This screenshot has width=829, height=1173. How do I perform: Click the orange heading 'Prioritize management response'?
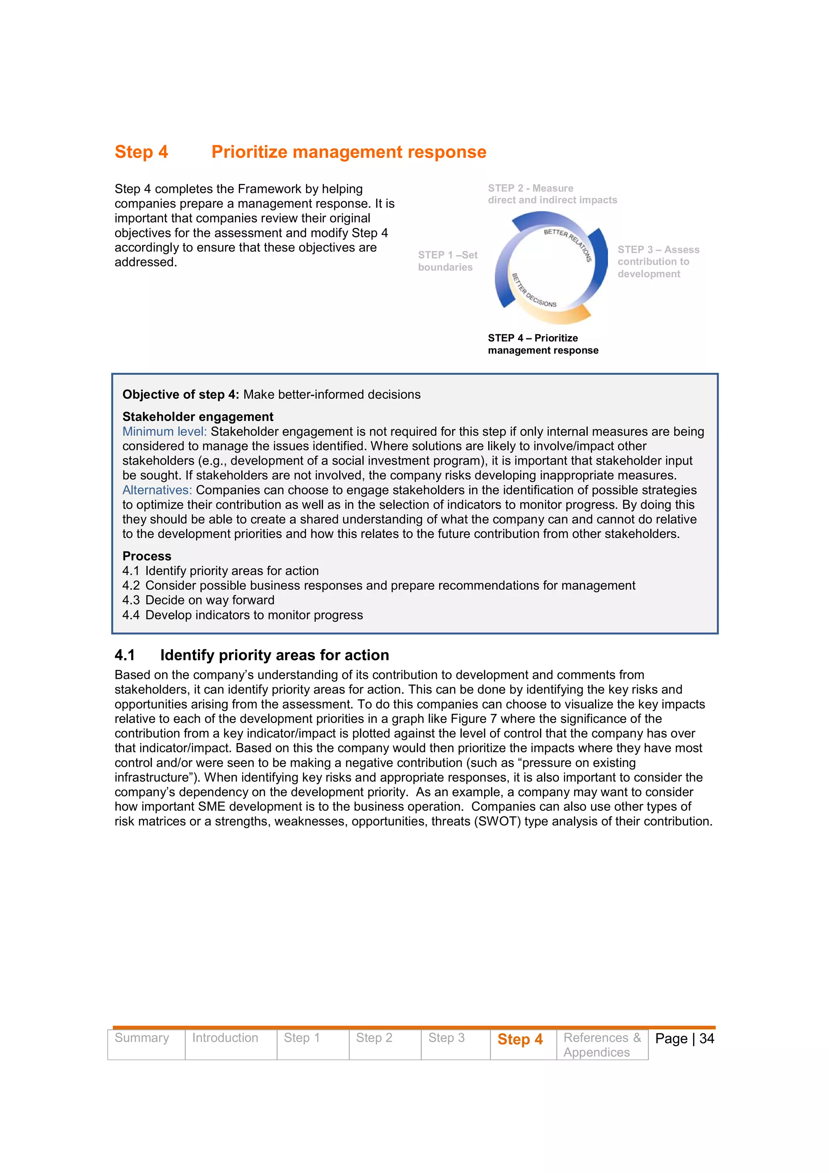click(x=349, y=152)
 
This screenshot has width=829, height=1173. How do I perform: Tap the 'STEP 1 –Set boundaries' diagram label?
click(x=447, y=261)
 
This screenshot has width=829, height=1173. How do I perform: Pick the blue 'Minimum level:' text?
click(x=164, y=432)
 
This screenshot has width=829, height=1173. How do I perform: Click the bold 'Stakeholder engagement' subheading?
click(x=198, y=416)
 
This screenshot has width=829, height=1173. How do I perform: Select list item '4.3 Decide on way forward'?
click(x=198, y=600)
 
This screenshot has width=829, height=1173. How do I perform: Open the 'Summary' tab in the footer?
click(x=142, y=1038)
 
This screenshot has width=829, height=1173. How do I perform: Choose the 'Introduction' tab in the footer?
click(x=225, y=1038)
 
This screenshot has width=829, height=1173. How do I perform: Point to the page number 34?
click(x=706, y=1039)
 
